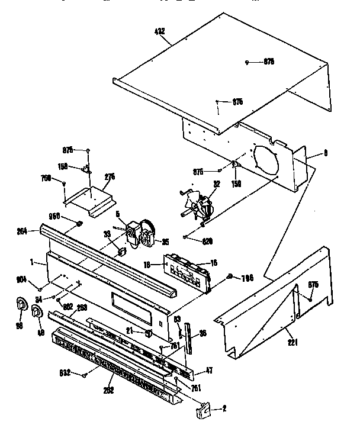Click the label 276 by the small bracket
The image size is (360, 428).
pos(109,176)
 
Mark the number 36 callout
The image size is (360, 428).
pos(202,333)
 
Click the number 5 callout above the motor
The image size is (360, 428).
pos(117,215)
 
